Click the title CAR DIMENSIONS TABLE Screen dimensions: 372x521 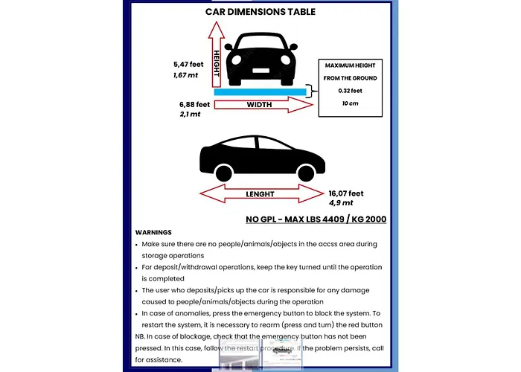click(260, 12)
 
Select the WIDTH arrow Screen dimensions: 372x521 click(260, 106)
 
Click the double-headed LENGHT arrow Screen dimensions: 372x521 click(260, 194)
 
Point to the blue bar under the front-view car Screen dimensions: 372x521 click(260, 92)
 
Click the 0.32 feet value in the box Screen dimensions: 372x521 click(350, 90)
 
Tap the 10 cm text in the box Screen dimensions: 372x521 click(350, 103)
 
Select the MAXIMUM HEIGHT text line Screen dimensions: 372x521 click(350, 65)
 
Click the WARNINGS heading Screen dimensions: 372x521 click(153, 232)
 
